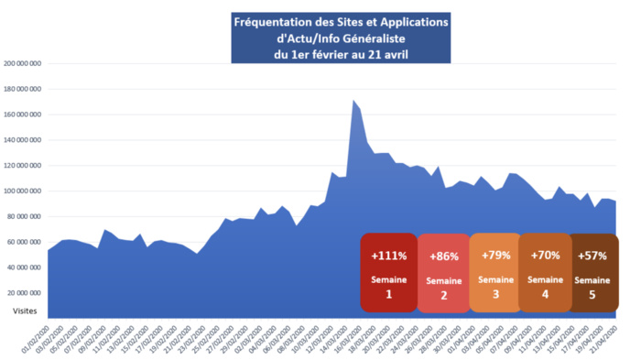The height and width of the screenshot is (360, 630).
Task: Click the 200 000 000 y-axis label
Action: coord(24,64)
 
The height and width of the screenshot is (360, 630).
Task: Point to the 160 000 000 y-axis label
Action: coord(24,115)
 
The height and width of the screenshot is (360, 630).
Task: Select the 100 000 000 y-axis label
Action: coord(24,191)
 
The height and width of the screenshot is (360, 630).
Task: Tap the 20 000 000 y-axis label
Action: coord(26,293)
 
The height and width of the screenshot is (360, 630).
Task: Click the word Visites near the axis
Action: coord(26,311)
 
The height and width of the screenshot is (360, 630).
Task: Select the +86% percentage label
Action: coord(442,256)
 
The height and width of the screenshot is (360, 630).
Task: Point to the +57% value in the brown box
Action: coord(592,256)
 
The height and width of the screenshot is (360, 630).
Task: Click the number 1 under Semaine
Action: coord(388,295)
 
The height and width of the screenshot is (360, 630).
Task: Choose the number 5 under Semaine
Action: coord(592,295)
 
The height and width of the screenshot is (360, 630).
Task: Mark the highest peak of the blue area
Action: coord(353,101)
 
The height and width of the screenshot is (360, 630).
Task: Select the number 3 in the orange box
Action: coord(494,294)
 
